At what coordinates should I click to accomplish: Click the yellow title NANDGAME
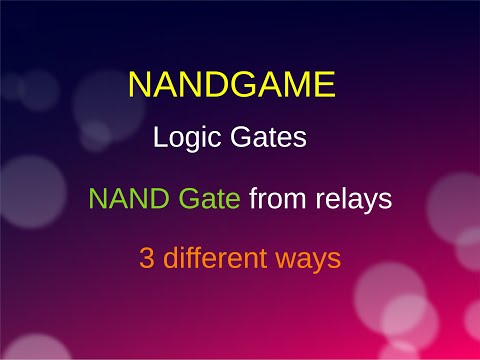coord(231,85)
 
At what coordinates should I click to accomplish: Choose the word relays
coord(353,199)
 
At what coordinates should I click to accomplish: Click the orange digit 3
coord(147,258)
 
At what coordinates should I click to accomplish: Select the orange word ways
coord(311,260)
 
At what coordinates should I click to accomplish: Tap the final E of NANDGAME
coord(322,85)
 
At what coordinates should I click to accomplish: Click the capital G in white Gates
coord(238,139)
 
